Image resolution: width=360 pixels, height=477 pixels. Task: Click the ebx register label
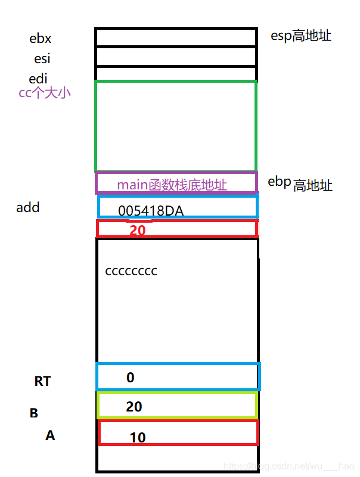pyautogui.click(x=41, y=39)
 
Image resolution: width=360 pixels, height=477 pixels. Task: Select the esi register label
pyautogui.click(x=42, y=59)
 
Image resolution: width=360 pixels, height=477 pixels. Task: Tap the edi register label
pyautogui.click(x=38, y=79)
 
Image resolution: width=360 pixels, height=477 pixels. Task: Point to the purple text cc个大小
pyautogui.click(x=45, y=93)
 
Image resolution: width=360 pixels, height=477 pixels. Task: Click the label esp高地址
pyautogui.click(x=301, y=36)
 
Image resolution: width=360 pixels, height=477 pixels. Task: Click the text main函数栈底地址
pyautogui.click(x=172, y=185)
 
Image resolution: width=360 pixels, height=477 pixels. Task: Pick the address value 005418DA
pyautogui.click(x=151, y=211)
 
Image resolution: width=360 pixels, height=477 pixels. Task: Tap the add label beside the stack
pyautogui.click(x=28, y=208)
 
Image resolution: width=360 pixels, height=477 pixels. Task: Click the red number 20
pyautogui.click(x=138, y=230)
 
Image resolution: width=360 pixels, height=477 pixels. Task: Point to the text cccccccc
pyautogui.click(x=131, y=271)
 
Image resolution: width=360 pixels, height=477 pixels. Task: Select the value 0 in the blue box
pyautogui.click(x=130, y=378)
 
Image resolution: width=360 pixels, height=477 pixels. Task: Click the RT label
pyautogui.click(x=42, y=381)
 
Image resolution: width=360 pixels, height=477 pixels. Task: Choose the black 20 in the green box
pyautogui.click(x=134, y=407)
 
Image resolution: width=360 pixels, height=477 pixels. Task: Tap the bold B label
pyautogui.click(x=34, y=413)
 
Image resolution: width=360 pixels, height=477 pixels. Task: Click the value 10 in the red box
pyautogui.click(x=138, y=438)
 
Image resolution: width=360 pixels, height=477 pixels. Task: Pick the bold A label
pyautogui.click(x=50, y=436)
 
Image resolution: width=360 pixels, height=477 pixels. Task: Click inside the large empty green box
pyautogui.click(x=176, y=126)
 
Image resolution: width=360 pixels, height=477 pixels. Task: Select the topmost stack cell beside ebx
pyautogui.click(x=176, y=37)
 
